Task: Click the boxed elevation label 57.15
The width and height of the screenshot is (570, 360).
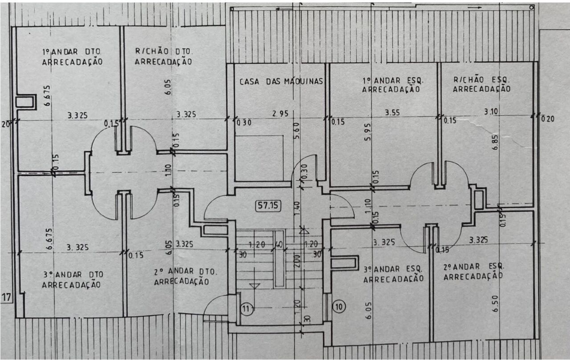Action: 268,206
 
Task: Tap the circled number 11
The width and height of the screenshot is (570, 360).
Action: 246,309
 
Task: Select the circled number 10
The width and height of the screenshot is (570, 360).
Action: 339,307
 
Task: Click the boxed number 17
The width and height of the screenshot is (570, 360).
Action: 6,297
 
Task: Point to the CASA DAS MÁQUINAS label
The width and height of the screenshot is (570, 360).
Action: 281,81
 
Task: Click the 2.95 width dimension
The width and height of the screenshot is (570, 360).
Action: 281,113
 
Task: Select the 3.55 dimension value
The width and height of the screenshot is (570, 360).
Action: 392,113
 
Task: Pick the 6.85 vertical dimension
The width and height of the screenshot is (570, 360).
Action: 495,142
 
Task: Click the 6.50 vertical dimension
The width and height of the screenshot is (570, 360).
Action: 495,303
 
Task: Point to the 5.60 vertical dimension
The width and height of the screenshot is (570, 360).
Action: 297,131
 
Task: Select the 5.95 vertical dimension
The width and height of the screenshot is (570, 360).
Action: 367,132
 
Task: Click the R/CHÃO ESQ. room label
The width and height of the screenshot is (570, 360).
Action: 481,80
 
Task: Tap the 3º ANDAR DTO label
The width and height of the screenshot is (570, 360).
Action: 73,275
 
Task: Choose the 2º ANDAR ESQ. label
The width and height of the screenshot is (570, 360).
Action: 473,267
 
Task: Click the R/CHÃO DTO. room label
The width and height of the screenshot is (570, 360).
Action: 163,51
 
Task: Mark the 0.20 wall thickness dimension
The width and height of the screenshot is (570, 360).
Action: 548,119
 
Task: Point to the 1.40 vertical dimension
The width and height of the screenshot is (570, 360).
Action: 297,208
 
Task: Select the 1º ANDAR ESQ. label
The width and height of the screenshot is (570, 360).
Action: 393,81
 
